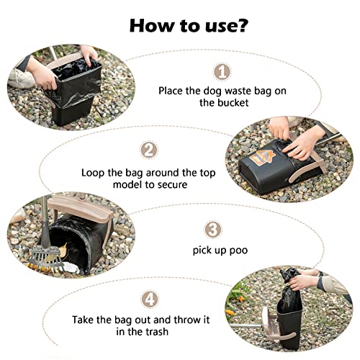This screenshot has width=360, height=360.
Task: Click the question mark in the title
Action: coord(240,25)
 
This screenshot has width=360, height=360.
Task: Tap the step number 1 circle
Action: coord(222,72)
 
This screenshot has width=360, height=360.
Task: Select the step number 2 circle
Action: coord(149,150)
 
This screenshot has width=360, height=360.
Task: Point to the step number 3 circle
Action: coord(213,230)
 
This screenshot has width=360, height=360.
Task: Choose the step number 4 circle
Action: coord(150,300)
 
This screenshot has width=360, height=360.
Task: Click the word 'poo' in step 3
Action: coord(238,251)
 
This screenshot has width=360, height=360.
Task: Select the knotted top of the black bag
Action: coord(289,276)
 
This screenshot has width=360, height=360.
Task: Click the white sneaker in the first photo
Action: coord(22,78)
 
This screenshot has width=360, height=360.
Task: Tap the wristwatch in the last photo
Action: coord(320,281)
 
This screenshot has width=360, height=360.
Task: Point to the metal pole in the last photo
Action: coord(246,326)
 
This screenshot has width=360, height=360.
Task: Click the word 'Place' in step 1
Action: coord(170,91)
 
